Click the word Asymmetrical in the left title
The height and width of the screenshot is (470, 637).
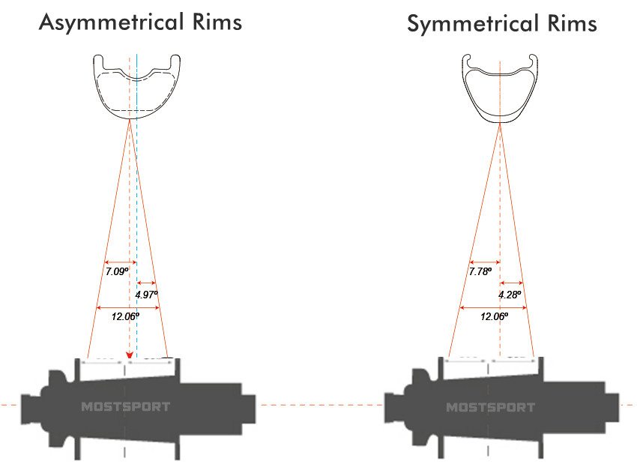point(109,22)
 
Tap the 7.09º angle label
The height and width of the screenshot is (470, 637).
point(118,270)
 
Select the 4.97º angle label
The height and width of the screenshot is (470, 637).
point(147,295)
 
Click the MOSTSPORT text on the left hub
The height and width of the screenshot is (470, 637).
point(125,407)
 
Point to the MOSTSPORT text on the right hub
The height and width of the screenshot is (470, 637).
point(491,407)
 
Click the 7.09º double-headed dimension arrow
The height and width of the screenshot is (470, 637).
point(118,259)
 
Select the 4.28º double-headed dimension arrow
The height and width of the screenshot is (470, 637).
point(510,283)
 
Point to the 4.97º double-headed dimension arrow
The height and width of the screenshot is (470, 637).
point(145,283)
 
